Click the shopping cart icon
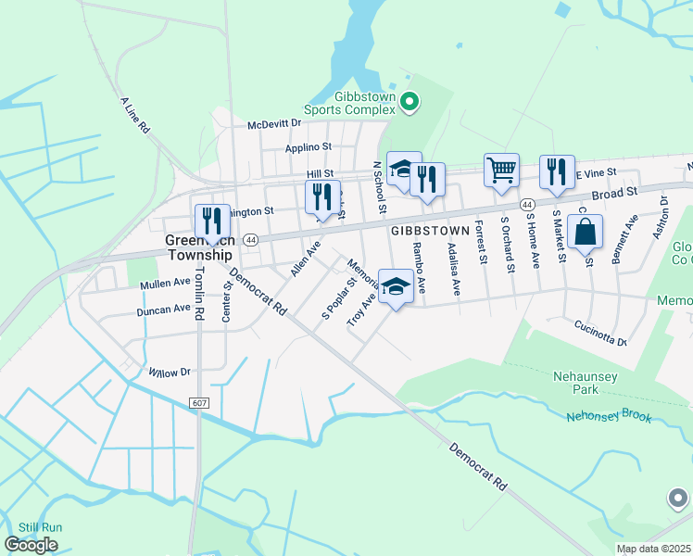(501, 171)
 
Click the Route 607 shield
(199, 402)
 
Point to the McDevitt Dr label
(274, 123)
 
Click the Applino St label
(308, 146)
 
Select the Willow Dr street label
(169, 372)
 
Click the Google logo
(31, 545)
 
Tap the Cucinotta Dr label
(600, 333)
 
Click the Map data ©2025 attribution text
(652, 549)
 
